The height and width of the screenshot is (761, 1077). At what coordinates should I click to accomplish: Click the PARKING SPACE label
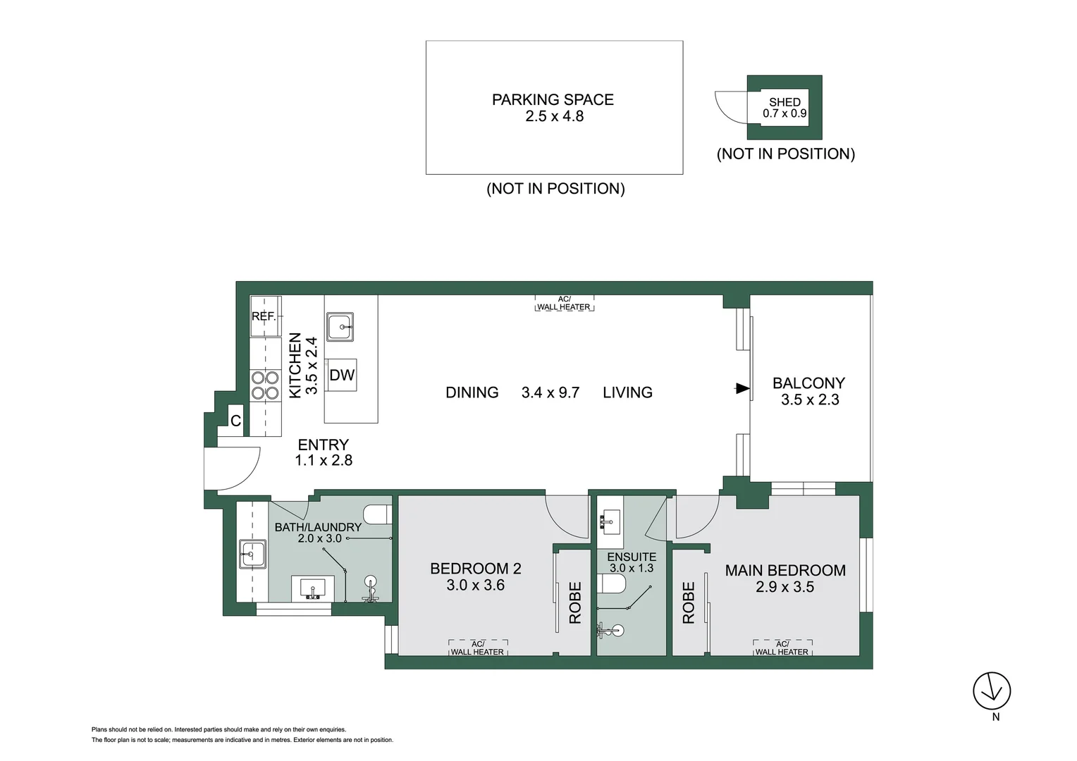click(553, 99)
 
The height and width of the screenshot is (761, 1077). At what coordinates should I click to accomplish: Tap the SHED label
click(784, 102)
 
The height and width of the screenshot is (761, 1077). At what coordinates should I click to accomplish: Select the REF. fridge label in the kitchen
click(264, 316)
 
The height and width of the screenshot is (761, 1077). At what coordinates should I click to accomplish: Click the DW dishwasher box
click(342, 375)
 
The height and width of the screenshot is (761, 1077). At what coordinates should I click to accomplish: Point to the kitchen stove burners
click(265, 385)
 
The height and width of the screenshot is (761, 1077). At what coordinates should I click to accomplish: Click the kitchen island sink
click(340, 327)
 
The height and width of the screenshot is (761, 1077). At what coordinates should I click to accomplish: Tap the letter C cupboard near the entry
click(235, 421)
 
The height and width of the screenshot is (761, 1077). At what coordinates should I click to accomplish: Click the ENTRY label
click(323, 444)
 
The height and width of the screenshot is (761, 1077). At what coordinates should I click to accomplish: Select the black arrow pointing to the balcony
click(742, 388)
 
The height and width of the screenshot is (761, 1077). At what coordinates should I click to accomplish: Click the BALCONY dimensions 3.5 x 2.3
click(810, 400)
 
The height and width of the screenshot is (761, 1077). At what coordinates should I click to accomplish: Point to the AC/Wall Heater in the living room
click(564, 303)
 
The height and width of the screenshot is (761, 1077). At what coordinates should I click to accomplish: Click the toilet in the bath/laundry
click(378, 514)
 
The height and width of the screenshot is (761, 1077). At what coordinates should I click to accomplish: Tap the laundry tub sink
click(252, 555)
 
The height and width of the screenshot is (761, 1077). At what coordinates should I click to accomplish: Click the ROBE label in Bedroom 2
click(575, 603)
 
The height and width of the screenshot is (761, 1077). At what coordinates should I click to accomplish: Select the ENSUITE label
click(632, 557)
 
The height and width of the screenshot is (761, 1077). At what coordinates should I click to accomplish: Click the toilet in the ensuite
click(612, 584)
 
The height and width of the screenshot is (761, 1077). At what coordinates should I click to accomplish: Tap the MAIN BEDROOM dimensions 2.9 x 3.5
click(784, 586)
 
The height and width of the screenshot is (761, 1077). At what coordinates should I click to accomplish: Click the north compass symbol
click(992, 691)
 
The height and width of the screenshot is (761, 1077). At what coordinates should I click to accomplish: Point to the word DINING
click(472, 392)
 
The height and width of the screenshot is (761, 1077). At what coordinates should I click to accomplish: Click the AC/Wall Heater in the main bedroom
click(782, 648)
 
